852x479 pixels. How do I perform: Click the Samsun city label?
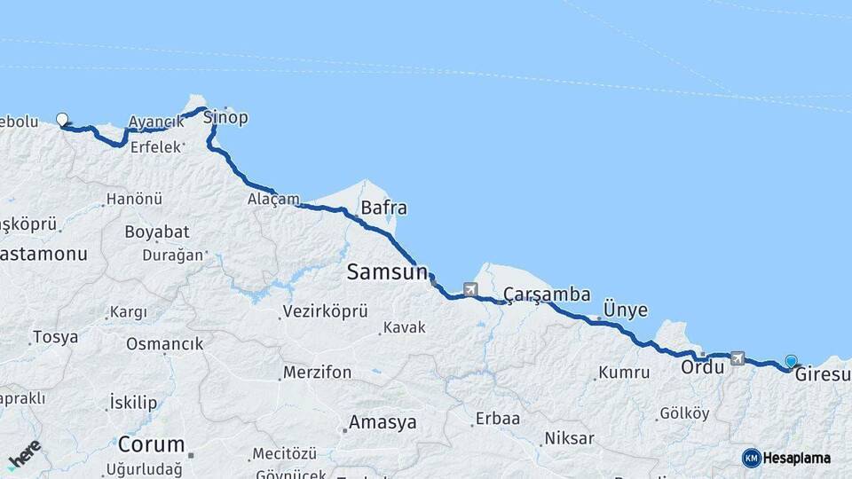(387, 272)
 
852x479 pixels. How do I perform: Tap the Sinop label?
(225, 117)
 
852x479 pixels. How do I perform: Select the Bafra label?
(383, 208)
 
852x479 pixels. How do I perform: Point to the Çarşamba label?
(546, 294)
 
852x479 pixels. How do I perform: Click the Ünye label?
(625, 310)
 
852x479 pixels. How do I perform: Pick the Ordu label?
(703, 366)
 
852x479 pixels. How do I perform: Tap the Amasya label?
(382, 422)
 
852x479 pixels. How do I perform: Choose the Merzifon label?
(317, 373)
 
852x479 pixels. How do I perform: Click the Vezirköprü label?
(324, 311)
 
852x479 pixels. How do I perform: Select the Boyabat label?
(156, 232)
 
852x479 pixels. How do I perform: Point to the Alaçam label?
(273, 199)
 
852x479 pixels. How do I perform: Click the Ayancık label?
(156, 122)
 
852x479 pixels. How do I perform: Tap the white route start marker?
(62, 119)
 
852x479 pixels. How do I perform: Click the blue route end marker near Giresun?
(791, 361)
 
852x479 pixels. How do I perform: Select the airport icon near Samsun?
(469, 289)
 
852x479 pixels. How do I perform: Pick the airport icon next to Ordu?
(737, 357)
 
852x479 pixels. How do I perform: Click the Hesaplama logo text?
(797, 458)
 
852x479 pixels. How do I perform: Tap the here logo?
(24, 453)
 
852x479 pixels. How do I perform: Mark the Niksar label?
(568, 438)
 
